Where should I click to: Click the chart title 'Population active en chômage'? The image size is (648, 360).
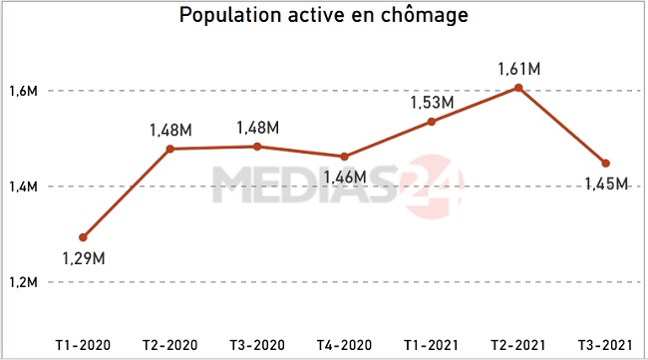[x=323, y=17]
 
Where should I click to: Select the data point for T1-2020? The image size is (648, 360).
[x=83, y=237]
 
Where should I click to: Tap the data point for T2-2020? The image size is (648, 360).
[x=170, y=149]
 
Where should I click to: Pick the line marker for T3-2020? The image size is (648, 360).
[x=257, y=147]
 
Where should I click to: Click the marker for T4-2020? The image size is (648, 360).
[x=345, y=157]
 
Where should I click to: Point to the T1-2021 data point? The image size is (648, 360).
[x=432, y=122]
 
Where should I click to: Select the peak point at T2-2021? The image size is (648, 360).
[x=518, y=88]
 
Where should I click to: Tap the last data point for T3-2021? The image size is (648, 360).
[x=605, y=164]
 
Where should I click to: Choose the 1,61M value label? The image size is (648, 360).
[x=518, y=69]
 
